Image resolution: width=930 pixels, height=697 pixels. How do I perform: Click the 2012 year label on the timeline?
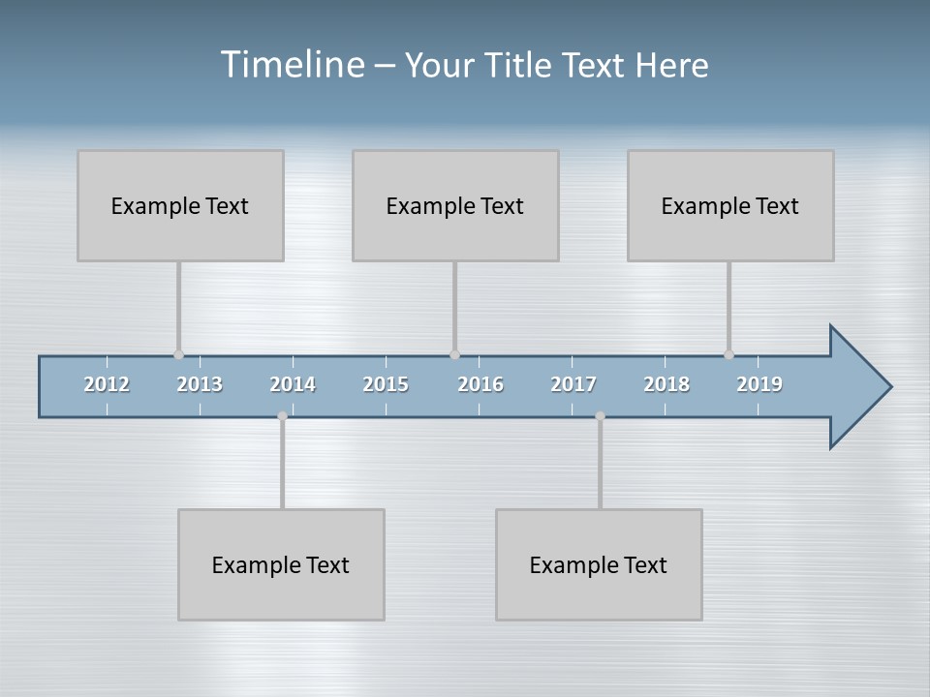click(107, 384)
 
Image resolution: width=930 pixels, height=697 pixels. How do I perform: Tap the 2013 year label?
click(200, 384)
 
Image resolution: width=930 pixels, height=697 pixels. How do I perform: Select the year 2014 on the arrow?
click(293, 384)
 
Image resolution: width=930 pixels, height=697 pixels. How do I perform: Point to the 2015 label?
click(386, 384)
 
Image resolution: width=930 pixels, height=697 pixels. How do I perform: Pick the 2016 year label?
click(480, 384)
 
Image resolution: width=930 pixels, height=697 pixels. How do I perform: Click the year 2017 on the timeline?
click(573, 384)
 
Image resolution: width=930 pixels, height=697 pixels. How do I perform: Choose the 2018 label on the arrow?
click(666, 384)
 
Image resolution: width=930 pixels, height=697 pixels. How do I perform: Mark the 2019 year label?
click(759, 384)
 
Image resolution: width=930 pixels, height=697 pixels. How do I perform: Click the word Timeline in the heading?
click(292, 65)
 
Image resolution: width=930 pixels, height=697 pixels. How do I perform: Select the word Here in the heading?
click(672, 66)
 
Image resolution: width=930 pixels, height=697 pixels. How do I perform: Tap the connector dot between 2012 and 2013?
click(178, 354)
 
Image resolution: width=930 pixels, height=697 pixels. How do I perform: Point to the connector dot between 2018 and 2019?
click(728, 354)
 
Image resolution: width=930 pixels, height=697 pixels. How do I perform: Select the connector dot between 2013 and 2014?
click(282, 416)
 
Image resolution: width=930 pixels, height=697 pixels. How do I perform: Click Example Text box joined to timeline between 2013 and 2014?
click(281, 564)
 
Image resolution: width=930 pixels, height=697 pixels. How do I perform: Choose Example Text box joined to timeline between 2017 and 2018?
click(599, 564)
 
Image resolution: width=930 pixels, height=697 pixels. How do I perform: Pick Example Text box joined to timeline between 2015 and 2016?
click(455, 205)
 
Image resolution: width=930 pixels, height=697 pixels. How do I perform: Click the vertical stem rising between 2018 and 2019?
click(728, 307)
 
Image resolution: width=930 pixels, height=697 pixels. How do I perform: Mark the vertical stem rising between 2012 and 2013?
click(178, 307)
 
